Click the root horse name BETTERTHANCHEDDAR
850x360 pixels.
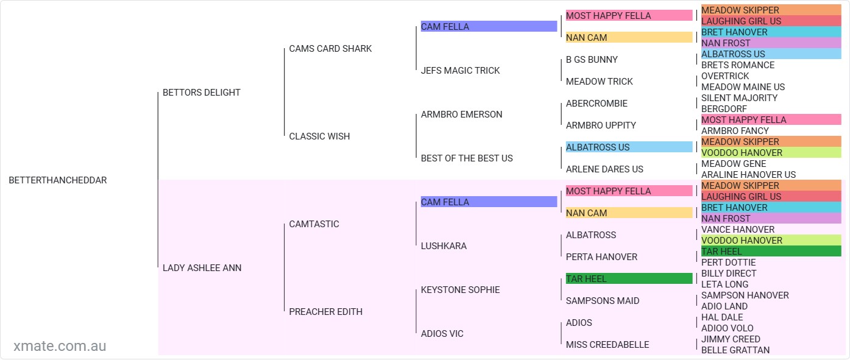[x=58, y=180]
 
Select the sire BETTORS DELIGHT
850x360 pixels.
[x=202, y=93]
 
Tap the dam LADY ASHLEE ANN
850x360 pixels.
[x=202, y=268]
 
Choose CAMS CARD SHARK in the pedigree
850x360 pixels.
[x=330, y=49]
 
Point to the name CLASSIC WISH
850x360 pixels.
[x=319, y=136]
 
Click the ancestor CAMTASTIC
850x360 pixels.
[x=314, y=224]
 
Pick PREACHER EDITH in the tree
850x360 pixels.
[x=325, y=312]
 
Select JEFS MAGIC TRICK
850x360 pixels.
[x=460, y=71]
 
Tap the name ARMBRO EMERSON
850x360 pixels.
[x=461, y=115]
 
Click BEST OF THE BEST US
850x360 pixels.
[x=467, y=158]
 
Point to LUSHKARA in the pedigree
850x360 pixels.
[x=444, y=246]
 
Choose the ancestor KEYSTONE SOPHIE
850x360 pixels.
[x=460, y=290]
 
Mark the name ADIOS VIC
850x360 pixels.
[x=442, y=334]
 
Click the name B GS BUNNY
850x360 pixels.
[x=592, y=60]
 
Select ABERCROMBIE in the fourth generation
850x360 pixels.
[x=597, y=104]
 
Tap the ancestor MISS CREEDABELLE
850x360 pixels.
[x=607, y=345]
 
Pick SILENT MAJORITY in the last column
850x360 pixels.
[x=739, y=98]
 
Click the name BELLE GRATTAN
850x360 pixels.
[x=735, y=350]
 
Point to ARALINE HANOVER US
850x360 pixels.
[x=748, y=175]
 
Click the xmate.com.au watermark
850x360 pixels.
[x=60, y=346]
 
